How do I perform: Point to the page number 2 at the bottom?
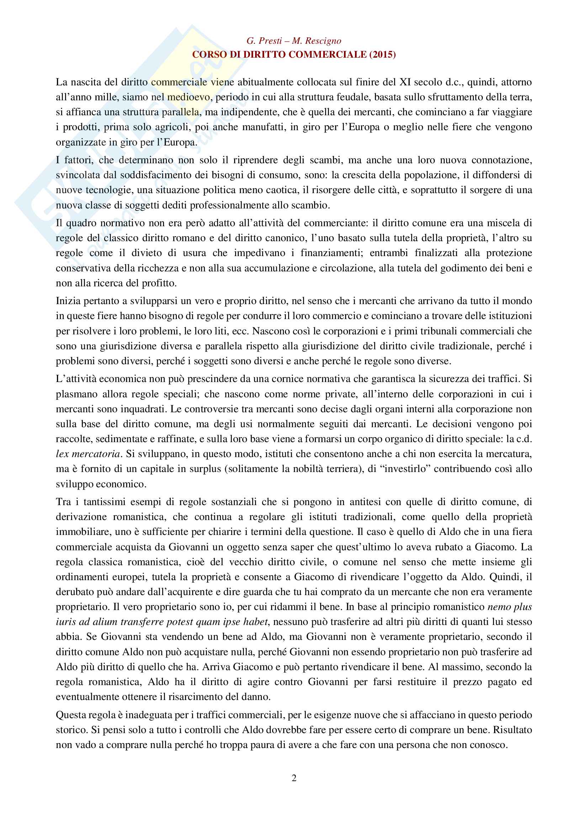(294, 778)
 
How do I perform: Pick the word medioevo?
(189, 97)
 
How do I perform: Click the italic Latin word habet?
(256, 622)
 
